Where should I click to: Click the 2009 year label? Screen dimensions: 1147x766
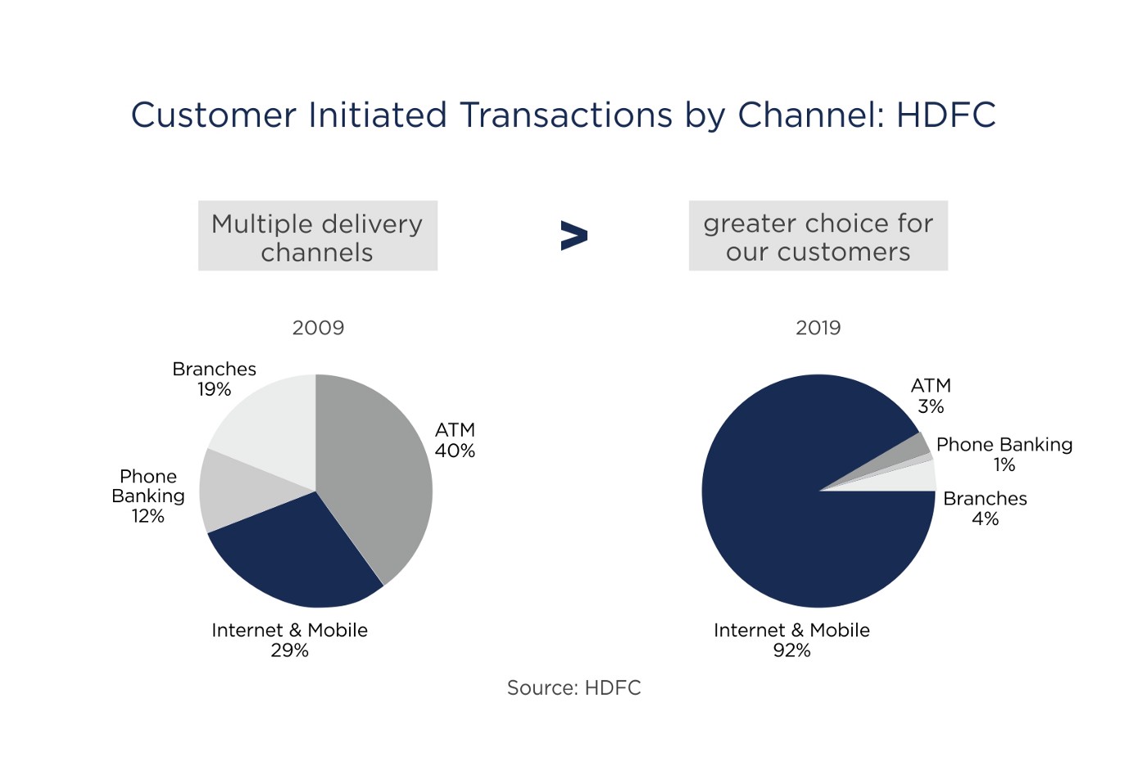[318, 328]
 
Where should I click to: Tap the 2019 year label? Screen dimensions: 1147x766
[818, 328]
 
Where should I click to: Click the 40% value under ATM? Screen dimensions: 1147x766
[455, 451]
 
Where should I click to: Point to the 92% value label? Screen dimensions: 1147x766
[791, 650]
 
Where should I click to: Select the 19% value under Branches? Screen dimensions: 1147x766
[214, 389]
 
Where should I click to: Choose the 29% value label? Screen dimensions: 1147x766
[289, 650]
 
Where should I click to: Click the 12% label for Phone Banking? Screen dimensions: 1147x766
[148, 515]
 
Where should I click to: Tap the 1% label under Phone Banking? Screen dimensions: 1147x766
[1004, 465]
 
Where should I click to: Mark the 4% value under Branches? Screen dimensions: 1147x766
[985, 519]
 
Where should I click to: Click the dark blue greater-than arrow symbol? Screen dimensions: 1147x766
[574, 236]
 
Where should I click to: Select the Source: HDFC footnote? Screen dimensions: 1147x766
[574, 687]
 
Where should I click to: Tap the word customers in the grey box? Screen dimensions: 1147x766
[844, 252]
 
